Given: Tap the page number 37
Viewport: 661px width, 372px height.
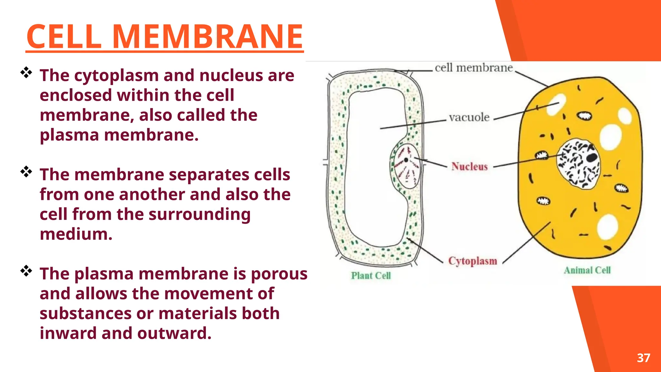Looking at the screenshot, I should click(x=643, y=358).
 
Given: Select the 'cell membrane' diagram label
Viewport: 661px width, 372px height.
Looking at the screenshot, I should click(x=473, y=68).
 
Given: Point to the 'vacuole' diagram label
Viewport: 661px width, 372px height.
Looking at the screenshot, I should click(x=469, y=117).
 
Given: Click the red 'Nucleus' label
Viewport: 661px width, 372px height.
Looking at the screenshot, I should click(x=469, y=166).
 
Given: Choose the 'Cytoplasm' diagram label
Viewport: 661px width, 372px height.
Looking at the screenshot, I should click(x=473, y=261).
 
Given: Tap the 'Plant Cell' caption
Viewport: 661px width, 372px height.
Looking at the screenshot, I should click(x=371, y=275).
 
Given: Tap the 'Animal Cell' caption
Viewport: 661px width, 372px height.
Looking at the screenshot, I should click(x=587, y=270).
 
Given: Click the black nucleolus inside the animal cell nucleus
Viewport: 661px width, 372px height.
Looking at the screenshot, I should click(x=592, y=157).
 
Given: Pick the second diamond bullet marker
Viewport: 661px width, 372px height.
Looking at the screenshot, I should click(x=26, y=172).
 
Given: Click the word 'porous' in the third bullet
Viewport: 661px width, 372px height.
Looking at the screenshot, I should click(x=279, y=274).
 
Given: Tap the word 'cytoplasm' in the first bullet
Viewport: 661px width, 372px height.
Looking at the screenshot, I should click(x=116, y=76).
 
